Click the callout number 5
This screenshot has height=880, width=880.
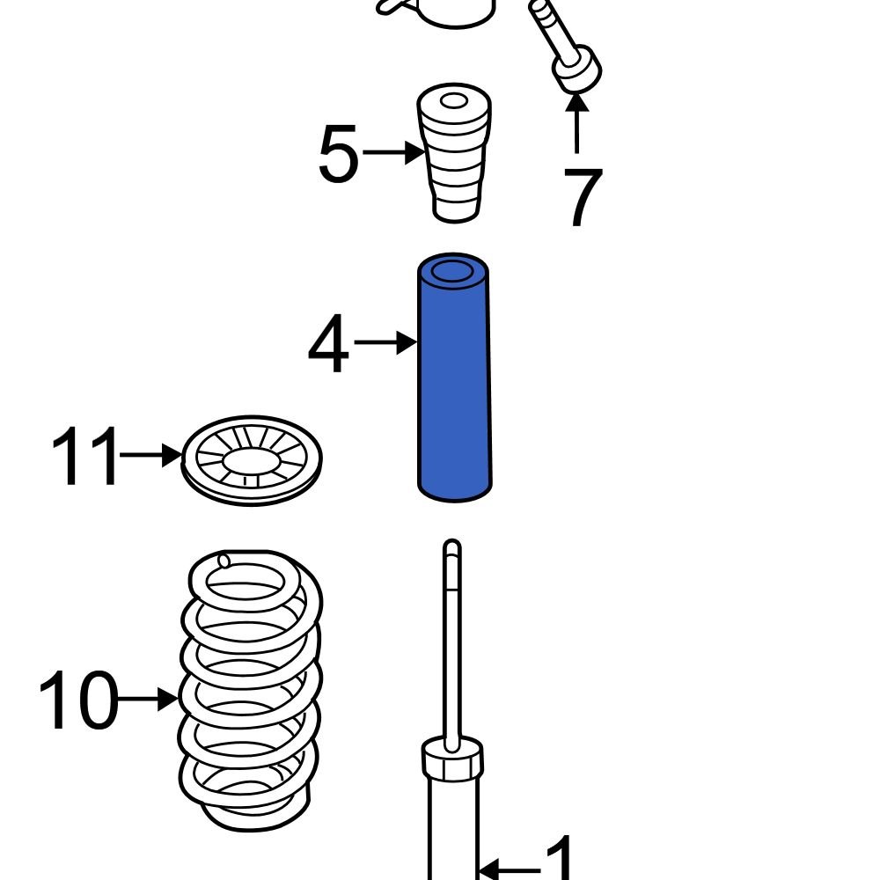click(339, 156)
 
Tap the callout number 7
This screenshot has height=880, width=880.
click(582, 197)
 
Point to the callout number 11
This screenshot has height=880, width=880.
click(84, 457)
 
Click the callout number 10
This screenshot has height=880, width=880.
click(77, 700)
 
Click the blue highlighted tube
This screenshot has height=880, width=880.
click(454, 387)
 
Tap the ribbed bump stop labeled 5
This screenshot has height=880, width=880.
click(453, 158)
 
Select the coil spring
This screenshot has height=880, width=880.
click(250, 686)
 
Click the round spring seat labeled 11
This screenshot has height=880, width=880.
click(252, 460)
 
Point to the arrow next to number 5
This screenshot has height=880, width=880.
click(393, 154)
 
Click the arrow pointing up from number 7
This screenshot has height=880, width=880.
click(576, 123)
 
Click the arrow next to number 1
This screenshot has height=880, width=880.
click(510, 870)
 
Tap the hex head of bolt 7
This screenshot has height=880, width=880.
click(576, 70)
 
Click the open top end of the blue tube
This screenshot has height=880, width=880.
click(454, 270)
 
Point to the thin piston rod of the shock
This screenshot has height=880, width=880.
click(451, 642)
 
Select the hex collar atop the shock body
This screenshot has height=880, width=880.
click(453, 759)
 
